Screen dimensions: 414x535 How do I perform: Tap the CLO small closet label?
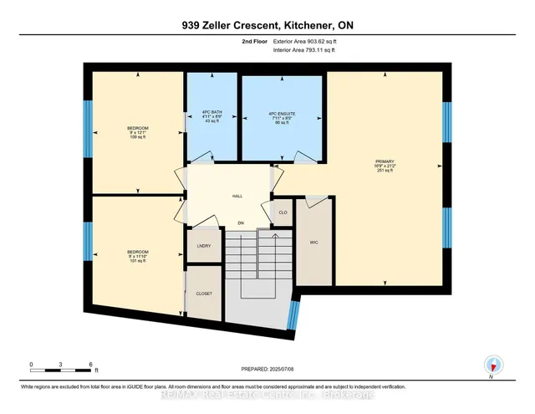coord(283,213)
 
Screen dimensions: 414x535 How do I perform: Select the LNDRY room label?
coord(203,246)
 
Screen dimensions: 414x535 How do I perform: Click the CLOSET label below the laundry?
coord(203,294)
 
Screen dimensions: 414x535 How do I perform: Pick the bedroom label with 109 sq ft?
coord(137,134)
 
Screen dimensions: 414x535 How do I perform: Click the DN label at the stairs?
coord(241,223)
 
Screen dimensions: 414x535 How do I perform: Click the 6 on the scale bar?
coord(89,365)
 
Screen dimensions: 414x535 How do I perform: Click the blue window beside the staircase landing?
coord(293,316)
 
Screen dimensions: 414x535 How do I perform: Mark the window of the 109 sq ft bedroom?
coord(87,128)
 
